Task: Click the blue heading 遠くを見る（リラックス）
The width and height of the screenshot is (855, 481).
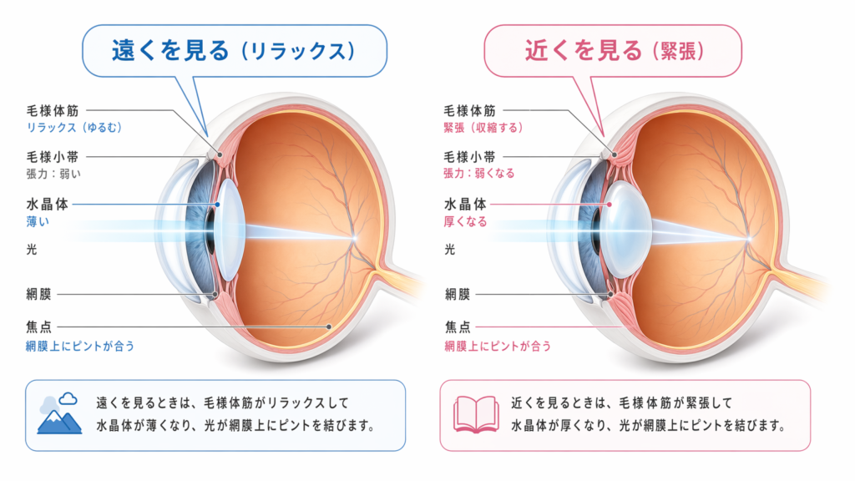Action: (x=234, y=50)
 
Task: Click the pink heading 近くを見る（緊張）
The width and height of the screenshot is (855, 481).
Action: (x=615, y=51)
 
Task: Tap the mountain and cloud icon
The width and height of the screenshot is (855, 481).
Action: (x=59, y=413)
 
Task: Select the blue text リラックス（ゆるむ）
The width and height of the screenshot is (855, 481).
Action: (x=74, y=127)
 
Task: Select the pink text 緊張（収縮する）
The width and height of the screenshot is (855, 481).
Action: (x=483, y=127)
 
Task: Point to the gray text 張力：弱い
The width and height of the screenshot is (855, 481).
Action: (x=53, y=174)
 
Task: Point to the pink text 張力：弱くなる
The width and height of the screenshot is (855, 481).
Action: (x=478, y=173)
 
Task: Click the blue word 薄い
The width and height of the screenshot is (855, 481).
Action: (x=38, y=221)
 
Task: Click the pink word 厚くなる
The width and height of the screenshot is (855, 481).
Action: (x=465, y=221)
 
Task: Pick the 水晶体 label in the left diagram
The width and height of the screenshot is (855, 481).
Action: (x=47, y=204)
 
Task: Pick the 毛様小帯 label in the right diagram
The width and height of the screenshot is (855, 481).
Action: (x=469, y=157)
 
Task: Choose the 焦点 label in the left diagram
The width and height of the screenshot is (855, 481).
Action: (x=38, y=327)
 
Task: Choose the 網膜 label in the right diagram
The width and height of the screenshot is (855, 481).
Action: (x=457, y=295)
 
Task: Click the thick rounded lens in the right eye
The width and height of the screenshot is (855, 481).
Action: (x=627, y=229)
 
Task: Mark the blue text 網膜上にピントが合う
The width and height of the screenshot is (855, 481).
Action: (x=80, y=346)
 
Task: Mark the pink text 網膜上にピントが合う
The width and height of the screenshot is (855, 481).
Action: (x=498, y=346)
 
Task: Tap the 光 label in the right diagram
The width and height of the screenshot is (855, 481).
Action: (x=449, y=249)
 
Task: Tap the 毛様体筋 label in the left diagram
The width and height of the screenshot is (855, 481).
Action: (x=53, y=111)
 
